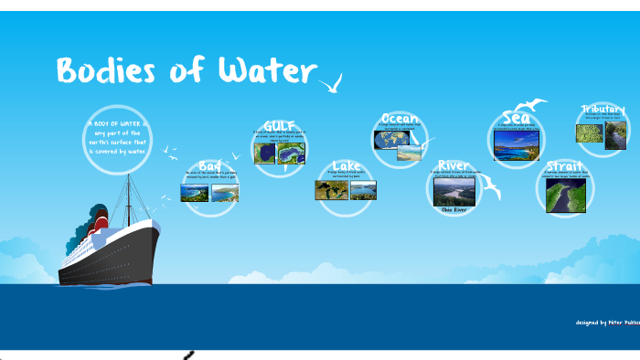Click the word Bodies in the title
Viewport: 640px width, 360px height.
click(x=104, y=71)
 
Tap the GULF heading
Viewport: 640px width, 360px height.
click(x=279, y=125)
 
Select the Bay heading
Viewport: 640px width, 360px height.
click(x=209, y=165)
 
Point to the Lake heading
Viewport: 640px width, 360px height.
click(x=346, y=167)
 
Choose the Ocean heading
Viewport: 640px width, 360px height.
click(x=400, y=118)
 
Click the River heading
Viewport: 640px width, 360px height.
click(x=453, y=165)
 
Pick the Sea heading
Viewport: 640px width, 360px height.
click(x=517, y=117)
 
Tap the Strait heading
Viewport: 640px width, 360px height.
click(x=564, y=166)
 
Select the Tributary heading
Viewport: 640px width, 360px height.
click(x=603, y=110)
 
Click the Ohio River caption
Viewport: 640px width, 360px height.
click(x=454, y=209)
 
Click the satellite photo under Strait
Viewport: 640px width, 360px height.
click(x=565, y=194)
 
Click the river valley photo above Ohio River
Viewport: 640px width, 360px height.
click(x=453, y=190)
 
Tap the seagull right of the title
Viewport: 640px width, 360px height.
click(x=331, y=85)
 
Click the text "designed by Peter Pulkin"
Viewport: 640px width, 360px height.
click(x=604, y=323)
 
